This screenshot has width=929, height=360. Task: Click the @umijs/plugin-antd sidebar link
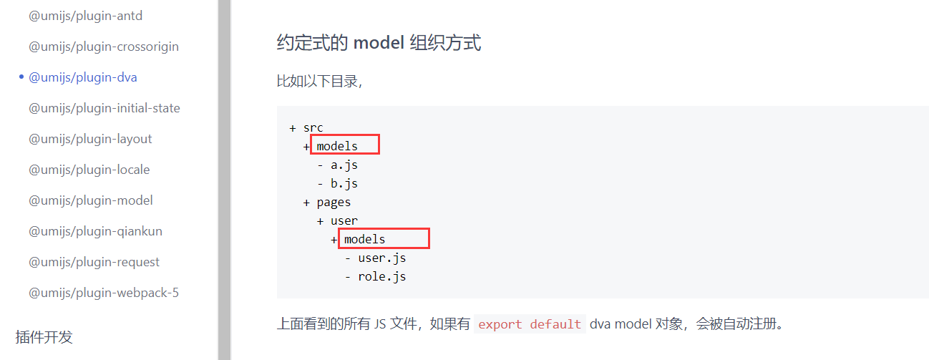pyautogui.click(x=85, y=16)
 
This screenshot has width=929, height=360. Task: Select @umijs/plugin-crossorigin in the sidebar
pyautogui.click(x=104, y=47)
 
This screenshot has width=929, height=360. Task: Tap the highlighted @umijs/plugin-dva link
pyautogui.click(x=83, y=77)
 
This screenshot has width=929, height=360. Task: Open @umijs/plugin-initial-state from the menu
pyautogui.click(x=104, y=108)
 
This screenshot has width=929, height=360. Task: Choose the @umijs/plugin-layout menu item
pyautogui.click(x=90, y=139)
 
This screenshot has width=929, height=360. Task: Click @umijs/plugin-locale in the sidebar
pyautogui.click(x=89, y=169)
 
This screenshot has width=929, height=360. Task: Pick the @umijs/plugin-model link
pyautogui.click(x=91, y=200)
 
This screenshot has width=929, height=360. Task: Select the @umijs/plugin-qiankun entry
pyautogui.click(x=95, y=231)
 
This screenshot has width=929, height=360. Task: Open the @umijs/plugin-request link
pyautogui.click(x=94, y=262)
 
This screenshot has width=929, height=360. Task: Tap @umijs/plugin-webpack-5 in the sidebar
pyautogui.click(x=104, y=293)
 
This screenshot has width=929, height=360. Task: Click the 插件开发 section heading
pyautogui.click(x=44, y=337)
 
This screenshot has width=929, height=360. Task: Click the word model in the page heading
pyautogui.click(x=379, y=42)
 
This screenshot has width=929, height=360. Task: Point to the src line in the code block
pyautogui.click(x=313, y=127)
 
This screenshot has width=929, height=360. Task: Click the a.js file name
pyautogui.click(x=344, y=165)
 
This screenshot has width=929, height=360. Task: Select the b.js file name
pyautogui.click(x=344, y=183)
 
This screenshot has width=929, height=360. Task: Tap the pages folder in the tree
pyautogui.click(x=334, y=203)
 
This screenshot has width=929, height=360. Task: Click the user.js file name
pyautogui.click(x=382, y=258)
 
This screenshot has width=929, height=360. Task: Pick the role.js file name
pyautogui.click(x=382, y=276)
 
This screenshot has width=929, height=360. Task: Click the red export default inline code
pyautogui.click(x=530, y=324)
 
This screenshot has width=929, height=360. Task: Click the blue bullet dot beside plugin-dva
pyautogui.click(x=21, y=77)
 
